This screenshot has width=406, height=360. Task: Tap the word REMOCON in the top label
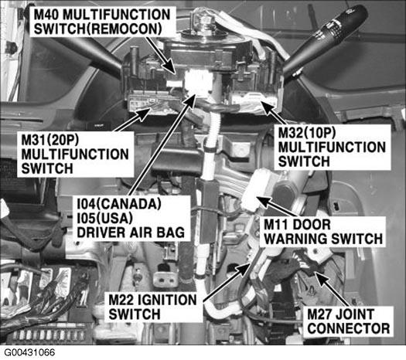(124, 28)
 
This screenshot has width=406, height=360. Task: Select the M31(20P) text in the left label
(49, 140)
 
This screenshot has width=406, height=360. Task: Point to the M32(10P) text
(307, 133)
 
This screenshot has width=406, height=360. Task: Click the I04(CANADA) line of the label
(119, 204)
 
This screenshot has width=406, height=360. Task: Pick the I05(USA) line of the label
(105, 219)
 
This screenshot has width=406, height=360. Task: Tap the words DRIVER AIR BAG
(131, 233)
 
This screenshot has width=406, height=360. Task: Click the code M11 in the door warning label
(277, 224)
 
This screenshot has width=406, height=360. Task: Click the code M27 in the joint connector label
(320, 314)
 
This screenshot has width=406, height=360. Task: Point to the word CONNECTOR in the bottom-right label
(349, 328)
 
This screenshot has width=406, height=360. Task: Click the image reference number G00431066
(29, 352)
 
